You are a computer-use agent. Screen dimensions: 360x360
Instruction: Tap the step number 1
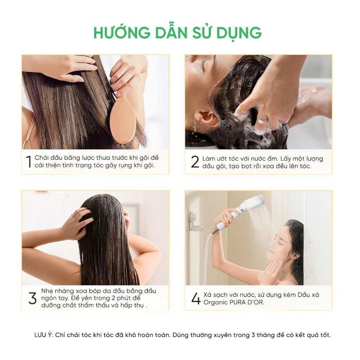coord(29,162)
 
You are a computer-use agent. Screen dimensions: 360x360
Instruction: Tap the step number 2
coord(195,162)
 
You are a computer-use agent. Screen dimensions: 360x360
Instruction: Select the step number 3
coord(33,298)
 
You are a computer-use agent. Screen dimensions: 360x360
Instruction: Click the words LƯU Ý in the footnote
coord(44,335)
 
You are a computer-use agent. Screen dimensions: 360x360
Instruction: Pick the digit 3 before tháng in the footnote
coord(253,335)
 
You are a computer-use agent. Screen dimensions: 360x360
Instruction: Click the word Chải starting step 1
coord(41,158)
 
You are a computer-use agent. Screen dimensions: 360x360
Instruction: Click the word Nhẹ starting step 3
coord(47,291)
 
